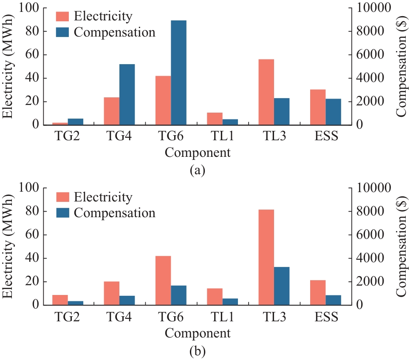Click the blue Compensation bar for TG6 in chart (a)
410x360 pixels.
tap(178, 73)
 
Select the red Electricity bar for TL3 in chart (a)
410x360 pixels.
tap(266, 92)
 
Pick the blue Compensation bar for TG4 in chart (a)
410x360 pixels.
tap(127, 94)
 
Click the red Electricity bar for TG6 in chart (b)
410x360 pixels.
tap(163, 281)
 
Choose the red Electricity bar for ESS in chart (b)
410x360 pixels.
tap(318, 292)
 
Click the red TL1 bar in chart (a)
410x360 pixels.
tap(215, 119)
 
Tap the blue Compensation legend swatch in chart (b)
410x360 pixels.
tap(63, 213)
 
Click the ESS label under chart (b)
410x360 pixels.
tap(325, 317)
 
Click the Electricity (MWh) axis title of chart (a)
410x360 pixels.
tap(8, 67)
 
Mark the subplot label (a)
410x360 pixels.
tap(198, 171)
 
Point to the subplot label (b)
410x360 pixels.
tap(198, 351)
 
